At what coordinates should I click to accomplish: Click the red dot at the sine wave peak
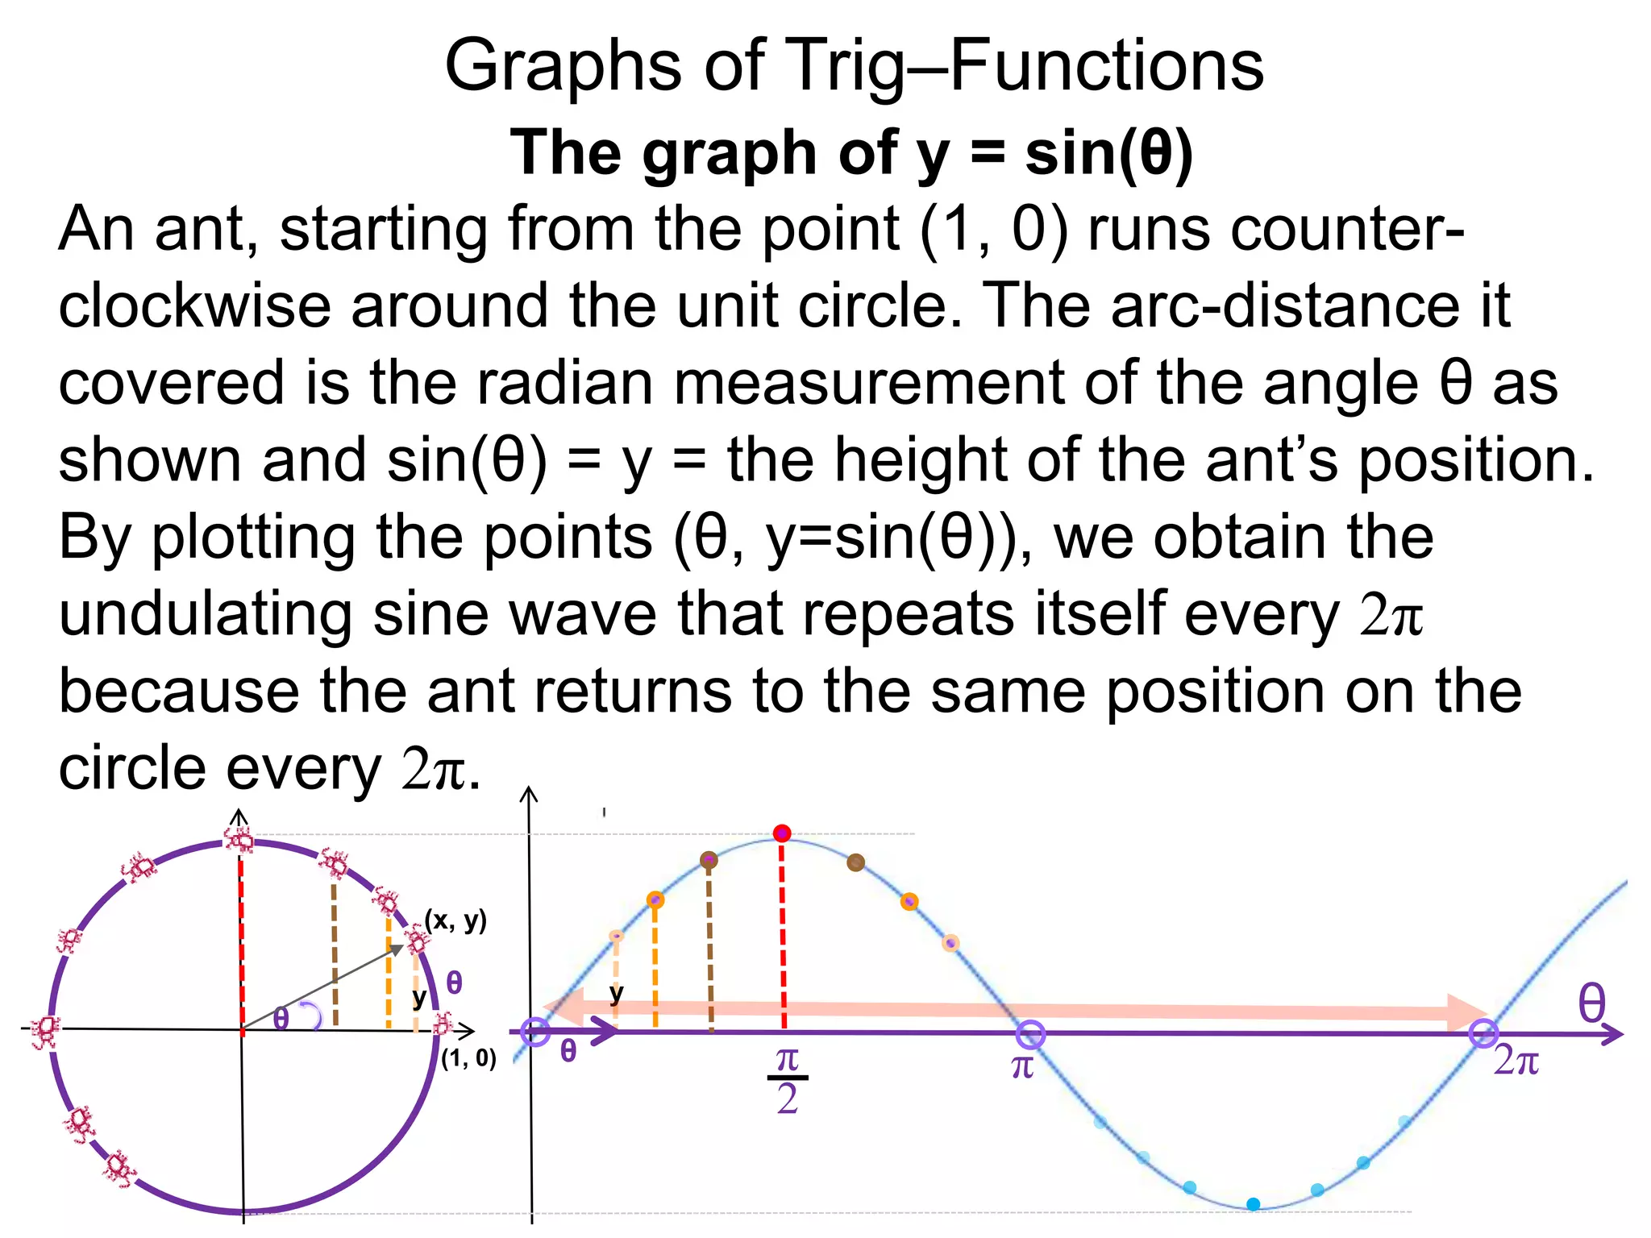pyautogui.click(x=781, y=833)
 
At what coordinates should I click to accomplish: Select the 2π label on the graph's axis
pyautogui.click(x=1516, y=1061)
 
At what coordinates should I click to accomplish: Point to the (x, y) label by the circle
pyautogui.click(x=456, y=920)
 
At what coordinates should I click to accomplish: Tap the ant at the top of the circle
pyautogui.click(x=239, y=839)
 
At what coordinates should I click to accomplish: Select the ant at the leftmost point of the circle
pyautogui.click(x=45, y=1031)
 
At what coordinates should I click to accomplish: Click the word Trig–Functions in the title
pyautogui.click(x=1024, y=66)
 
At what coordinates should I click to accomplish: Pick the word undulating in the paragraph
pyautogui.click(x=206, y=614)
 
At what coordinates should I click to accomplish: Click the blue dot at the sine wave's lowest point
pyautogui.click(x=1253, y=1204)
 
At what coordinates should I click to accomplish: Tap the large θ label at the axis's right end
pyautogui.click(x=1591, y=1004)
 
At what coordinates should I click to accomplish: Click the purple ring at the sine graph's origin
pyautogui.click(x=535, y=1032)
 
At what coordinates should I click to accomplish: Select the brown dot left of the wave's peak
pyautogui.click(x=709, y=860)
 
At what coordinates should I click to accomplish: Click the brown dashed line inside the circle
pyautogui.click(x=335, y=955)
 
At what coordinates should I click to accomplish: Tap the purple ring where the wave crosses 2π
pyautogui.click(x=1483, y=1033)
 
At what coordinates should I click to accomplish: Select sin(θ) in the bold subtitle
pyautogui.click(x=1108, y=153)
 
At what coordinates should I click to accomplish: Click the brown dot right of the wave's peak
pyautogui.click(x=855, y=862)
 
